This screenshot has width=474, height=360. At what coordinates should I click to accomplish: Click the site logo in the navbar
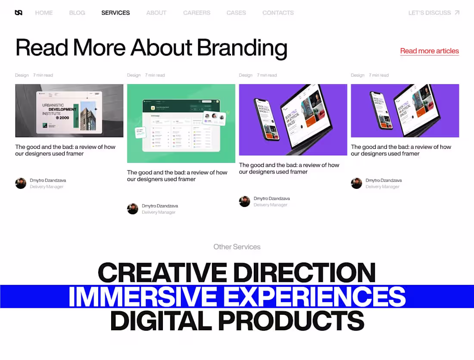19,13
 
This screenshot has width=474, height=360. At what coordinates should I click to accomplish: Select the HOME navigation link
44,13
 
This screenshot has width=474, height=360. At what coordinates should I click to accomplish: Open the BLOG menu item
77,13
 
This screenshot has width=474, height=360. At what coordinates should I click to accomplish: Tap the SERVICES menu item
115,13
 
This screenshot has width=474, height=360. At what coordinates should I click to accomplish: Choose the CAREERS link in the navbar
196,13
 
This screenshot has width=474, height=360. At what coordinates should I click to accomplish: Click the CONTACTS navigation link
278,13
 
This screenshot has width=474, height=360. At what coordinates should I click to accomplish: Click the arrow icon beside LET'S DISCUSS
457,13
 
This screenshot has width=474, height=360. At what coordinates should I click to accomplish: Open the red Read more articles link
429,51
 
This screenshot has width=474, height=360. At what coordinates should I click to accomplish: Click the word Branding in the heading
242,48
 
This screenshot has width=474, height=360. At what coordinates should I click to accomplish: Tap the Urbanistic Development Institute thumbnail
69,111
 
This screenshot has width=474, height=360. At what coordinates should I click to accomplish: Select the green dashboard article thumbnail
181,123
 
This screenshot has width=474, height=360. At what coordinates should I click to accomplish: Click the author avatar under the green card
133,209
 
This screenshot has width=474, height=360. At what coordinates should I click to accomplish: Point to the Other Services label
237,247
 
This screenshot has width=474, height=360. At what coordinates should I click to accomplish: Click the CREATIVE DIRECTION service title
237,272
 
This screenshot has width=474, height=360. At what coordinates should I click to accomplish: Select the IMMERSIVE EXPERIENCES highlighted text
237,297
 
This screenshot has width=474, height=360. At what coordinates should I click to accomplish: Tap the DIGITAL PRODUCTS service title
237,321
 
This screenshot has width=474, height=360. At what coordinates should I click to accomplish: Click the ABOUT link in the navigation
156,13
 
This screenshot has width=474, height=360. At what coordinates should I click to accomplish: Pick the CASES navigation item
236,13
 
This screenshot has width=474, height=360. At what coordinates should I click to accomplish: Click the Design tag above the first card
22,75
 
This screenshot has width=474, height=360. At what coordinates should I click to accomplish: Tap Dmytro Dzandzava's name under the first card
48,180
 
